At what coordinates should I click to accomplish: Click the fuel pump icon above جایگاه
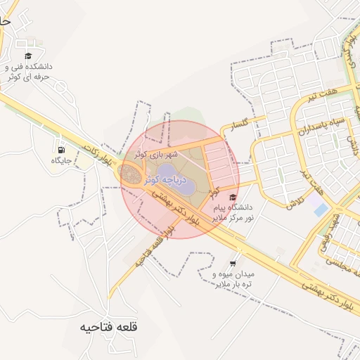(x=61, y=149)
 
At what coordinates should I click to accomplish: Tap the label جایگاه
(x=61, y=161)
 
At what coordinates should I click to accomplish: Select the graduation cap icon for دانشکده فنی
(x=28, y=56)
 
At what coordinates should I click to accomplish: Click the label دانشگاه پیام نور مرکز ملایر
(x=232, y=213)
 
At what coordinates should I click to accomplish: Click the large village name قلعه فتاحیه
(x=109, y=328)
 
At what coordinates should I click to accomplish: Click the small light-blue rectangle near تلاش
(x=320, y=210)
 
